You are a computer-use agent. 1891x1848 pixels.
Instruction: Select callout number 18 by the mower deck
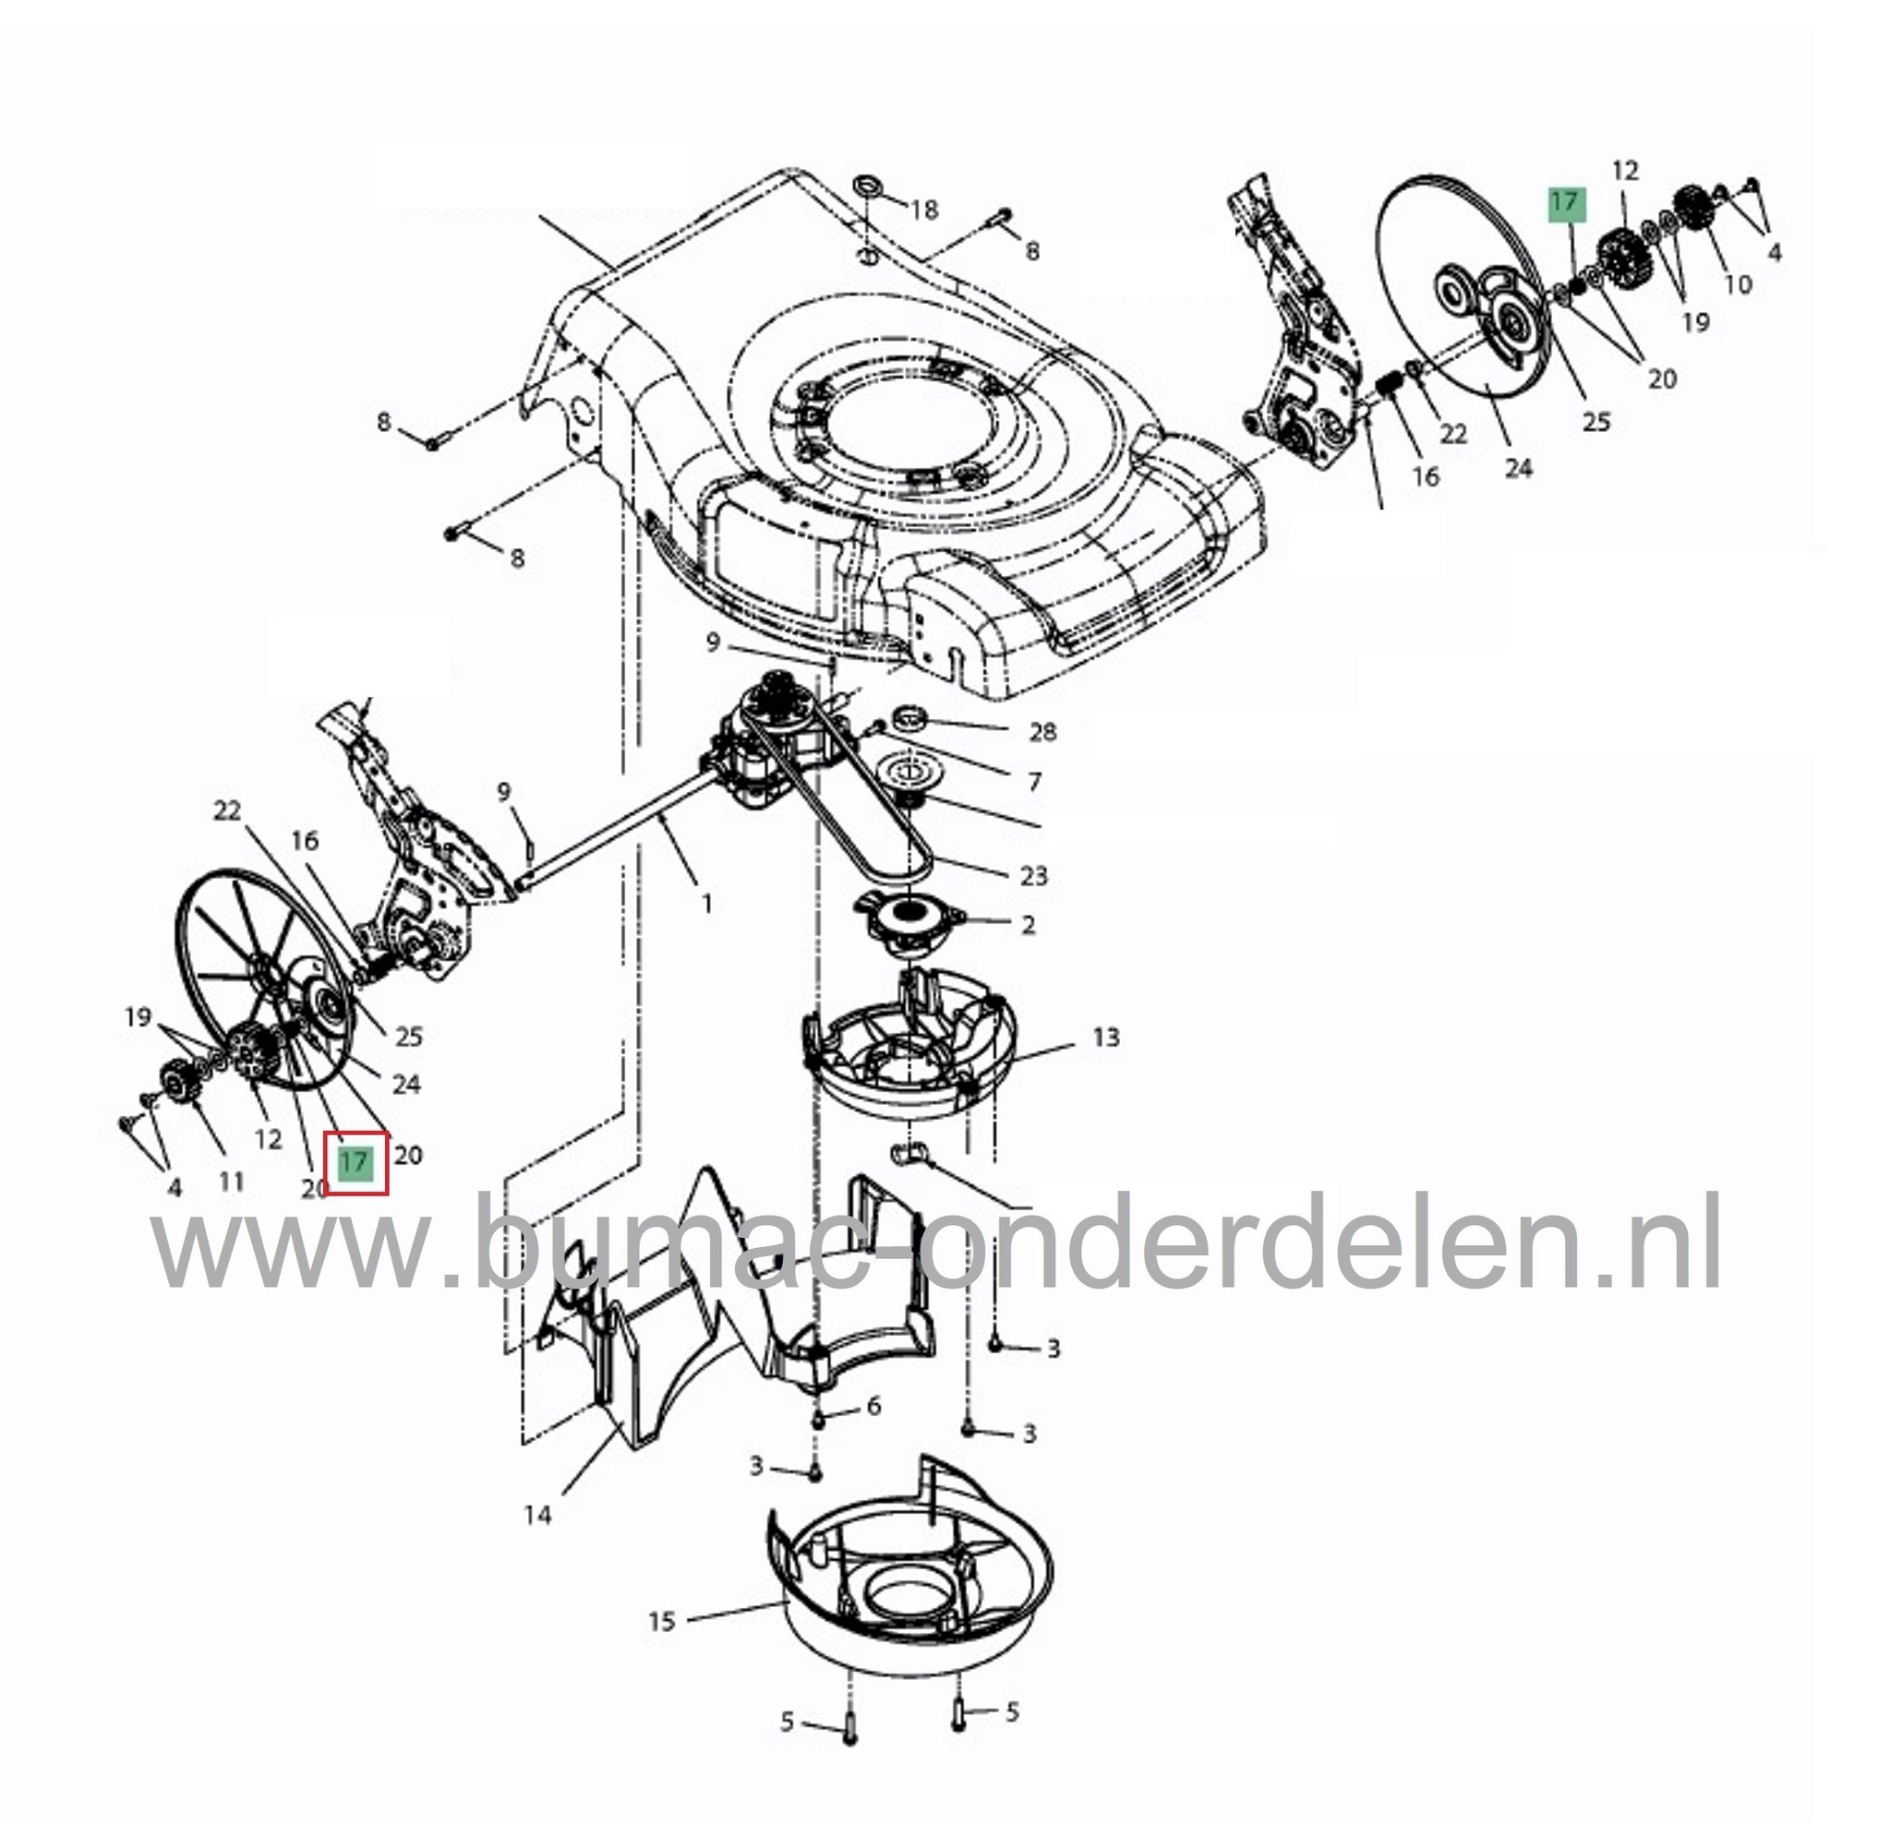[924, 209]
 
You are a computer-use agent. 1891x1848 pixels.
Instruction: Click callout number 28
[1042, 732]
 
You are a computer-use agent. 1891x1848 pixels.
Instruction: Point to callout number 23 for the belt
[1035, 875]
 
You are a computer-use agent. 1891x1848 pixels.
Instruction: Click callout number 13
[1105, 1038]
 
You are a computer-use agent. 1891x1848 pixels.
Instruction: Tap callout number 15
[661, 1622]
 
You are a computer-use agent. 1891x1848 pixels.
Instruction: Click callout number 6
[873, 1406]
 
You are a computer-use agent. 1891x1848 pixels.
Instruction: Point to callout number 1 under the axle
[706, 904]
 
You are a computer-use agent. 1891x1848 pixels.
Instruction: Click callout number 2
[1029, 924]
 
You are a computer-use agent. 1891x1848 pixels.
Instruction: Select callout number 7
[1035, 781]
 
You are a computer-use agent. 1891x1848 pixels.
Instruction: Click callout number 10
[1737, 283]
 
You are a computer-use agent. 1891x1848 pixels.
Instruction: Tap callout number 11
[231, 1182]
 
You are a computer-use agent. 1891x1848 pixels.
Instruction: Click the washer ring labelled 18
[865, 185]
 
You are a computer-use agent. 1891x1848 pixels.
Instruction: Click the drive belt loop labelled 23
[873, 825]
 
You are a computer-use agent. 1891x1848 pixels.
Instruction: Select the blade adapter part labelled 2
[909, 913]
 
